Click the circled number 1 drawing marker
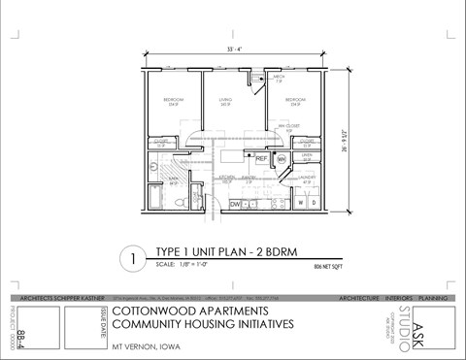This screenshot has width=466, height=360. pyautogui.click(x=132, y=259)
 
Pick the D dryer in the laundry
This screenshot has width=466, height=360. pyautogui.click(x=312, y=203)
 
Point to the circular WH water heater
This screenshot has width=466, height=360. pyautogui.click(x=281, y=158)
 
